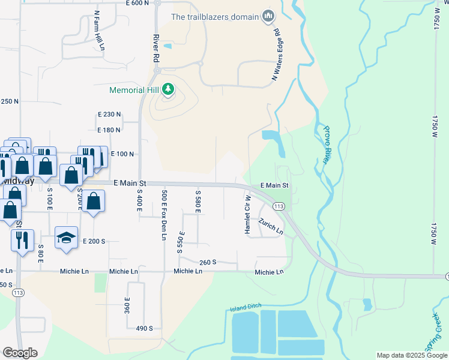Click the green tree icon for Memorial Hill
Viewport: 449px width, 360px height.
pyautogui.click(x=169, y=90)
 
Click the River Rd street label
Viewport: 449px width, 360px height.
pyautogui.click(x=156, y=49)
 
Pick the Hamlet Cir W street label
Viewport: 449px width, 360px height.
pyautogui.click(x=247, y=214)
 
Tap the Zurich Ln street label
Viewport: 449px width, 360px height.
pyautogui.click(x=271, y=226)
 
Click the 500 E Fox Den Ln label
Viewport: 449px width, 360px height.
pyautogui.click(x=163, y=215)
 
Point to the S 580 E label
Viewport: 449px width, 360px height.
pyautogui.click(x=197, y=202)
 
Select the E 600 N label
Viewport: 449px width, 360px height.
pyautogui.click(x=137, y=4)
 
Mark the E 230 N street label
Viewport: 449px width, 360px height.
pyautogui.click(x=109, y=114)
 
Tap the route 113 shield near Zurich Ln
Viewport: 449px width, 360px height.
pyautogui.click(x=279, y=206)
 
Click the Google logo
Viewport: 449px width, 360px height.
pyautogui.click(x=20, y=353)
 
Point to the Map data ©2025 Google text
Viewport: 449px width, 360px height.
pyautogui.click(x=411, y=355)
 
